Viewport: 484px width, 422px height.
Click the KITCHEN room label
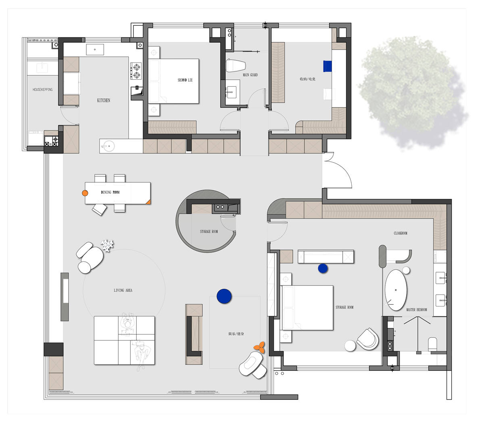(x=104, y=100)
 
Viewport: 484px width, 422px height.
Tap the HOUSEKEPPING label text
(x=43, y=89)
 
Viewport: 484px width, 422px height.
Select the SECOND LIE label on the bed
(x=185, y=80)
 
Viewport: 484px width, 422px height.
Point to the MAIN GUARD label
(x=250, y=75)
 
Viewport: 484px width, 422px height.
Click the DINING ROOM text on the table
(x=110, y=192)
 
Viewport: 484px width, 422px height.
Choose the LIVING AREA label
(x=123, y=290)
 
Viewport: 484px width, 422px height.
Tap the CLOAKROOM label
(x=400, y=233)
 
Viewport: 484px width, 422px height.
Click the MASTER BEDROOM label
(x=416, y=310)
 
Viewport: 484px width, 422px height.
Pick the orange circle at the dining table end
(x=85, y=193)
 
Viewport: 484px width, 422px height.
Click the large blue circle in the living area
(x=224, y=296)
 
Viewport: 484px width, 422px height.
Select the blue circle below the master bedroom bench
(x=323, y=269)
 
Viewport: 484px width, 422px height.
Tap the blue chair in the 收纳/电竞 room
(x=328, y=66)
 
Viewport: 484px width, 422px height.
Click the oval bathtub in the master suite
(x=396, y=290)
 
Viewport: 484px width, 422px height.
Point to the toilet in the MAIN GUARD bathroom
(x=236, y=65)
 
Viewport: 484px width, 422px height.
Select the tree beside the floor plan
(x=413, y=92)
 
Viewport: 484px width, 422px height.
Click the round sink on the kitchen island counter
(x=109, y=146)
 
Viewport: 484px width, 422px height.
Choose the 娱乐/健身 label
(x=236, y=334)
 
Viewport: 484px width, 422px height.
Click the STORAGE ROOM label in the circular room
(x=209, y=232)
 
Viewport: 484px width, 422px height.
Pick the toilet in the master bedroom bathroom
(x=432, y=344)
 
